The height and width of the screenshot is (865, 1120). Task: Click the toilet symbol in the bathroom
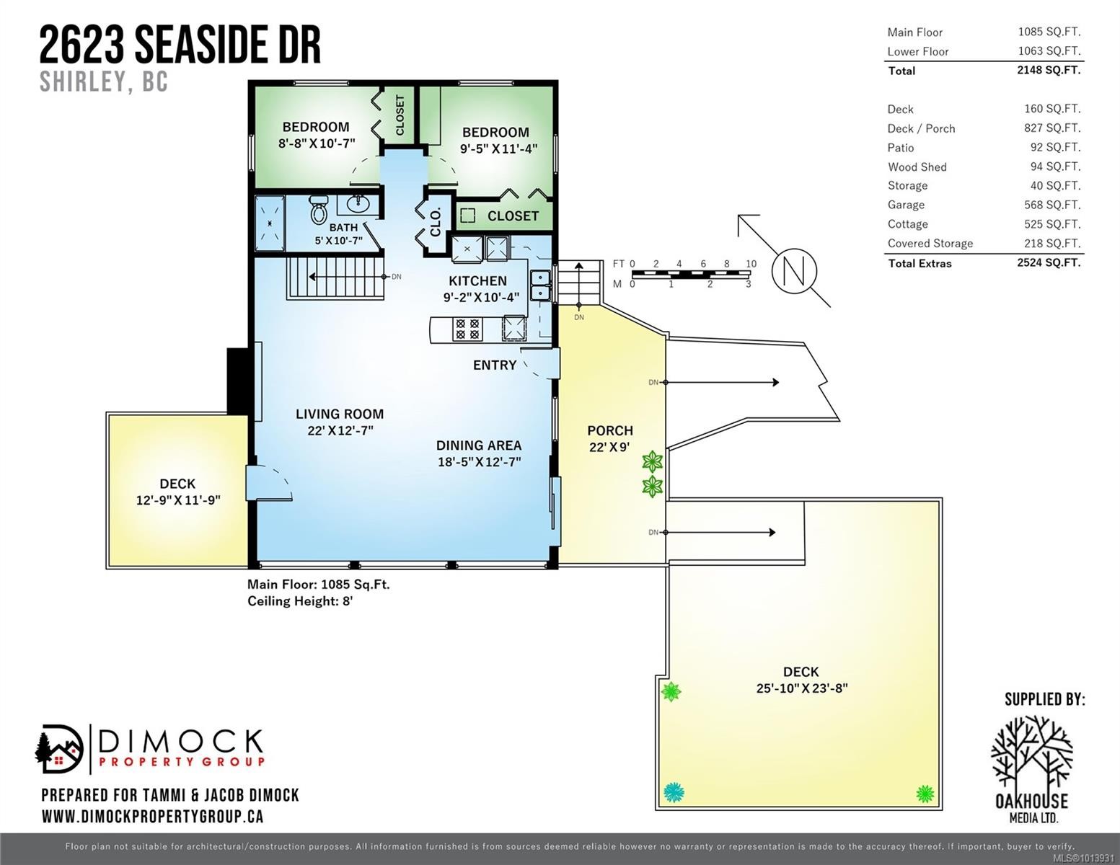coord(318,210)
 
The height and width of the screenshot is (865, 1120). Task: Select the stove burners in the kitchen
coord(467,329)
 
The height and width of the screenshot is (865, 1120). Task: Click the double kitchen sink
coord(539,285)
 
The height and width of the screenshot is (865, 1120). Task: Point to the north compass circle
coord(794,272)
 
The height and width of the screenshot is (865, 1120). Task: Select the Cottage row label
coord(907,224)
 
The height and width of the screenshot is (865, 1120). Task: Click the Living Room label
coord(339,414)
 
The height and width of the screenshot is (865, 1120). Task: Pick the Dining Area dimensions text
coord(479,462)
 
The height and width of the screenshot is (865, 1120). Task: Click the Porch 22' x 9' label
coord(610,438)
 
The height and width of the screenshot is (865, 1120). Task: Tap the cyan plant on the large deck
coord(674,793)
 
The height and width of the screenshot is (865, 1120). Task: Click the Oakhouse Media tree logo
coord(1031,754)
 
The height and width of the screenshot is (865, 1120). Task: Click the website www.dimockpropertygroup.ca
coord(152,817)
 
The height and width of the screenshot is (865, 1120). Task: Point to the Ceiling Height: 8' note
coord(300,601)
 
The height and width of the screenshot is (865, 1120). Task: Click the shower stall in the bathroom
coord(270,223)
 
